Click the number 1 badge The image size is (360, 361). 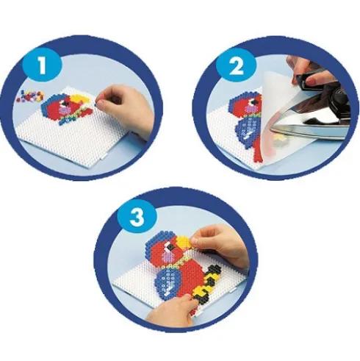[x=42, y=65]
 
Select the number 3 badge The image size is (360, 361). [x=137, y=217]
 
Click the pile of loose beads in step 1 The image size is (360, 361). [x=31, y=96]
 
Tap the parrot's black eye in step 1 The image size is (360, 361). [x=65, y=104]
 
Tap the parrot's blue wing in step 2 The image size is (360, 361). [x=247, y=127]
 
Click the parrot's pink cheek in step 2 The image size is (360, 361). [x=251, y=109]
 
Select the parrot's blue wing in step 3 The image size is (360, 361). [x=170, y=282]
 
